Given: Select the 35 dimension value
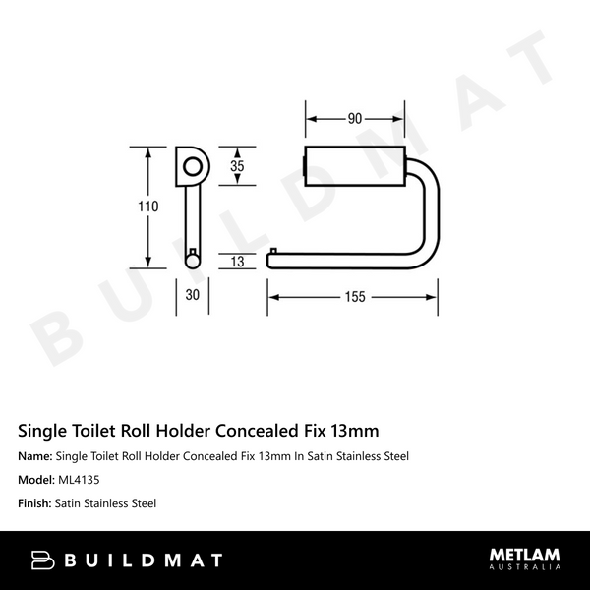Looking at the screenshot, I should [x=237, y=166].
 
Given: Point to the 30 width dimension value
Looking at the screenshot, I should [x=191, y=296].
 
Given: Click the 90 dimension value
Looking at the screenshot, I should [x=353, y=119].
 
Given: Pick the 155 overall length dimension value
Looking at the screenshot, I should [x=354, y=296].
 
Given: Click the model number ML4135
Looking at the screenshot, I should [x=79, y=480].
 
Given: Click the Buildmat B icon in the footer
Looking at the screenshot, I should [x=43, y=560].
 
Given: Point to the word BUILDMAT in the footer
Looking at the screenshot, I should [x=144, y=560].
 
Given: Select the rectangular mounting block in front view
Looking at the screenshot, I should [x=353, y=165].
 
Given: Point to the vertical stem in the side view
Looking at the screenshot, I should [x=191, y=221].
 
